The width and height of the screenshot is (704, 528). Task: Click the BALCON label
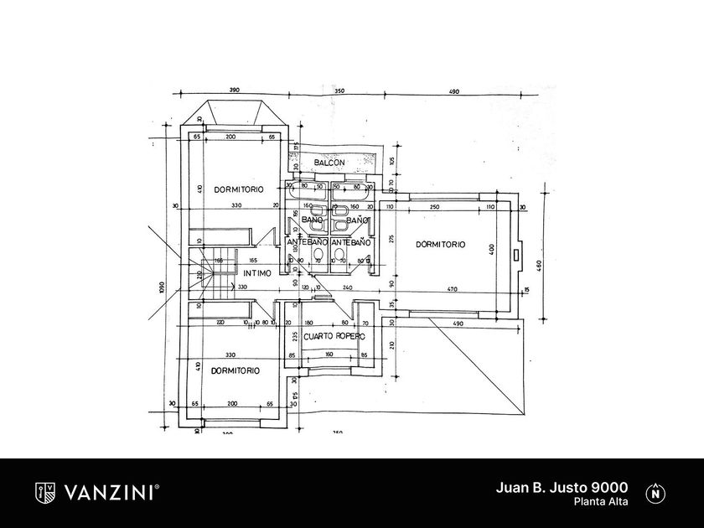[330, 162]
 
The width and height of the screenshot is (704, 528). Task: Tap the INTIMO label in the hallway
[257, 272]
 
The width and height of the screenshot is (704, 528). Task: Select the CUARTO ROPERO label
[334, 336]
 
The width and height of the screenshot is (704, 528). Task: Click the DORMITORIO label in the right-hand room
[440, 245]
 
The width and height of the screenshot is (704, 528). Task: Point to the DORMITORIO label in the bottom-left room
[235, 370]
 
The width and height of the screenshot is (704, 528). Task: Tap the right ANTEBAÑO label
[351, 242]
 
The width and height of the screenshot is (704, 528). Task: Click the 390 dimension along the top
[234, 90]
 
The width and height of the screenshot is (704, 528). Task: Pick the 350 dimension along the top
[339, 90]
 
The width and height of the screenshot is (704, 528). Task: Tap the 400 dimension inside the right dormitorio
[493, 250]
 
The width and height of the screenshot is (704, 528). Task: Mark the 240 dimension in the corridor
[347, 287]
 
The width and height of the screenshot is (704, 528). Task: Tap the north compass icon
[654, 493]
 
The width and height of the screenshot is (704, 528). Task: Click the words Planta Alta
[601, 502]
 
